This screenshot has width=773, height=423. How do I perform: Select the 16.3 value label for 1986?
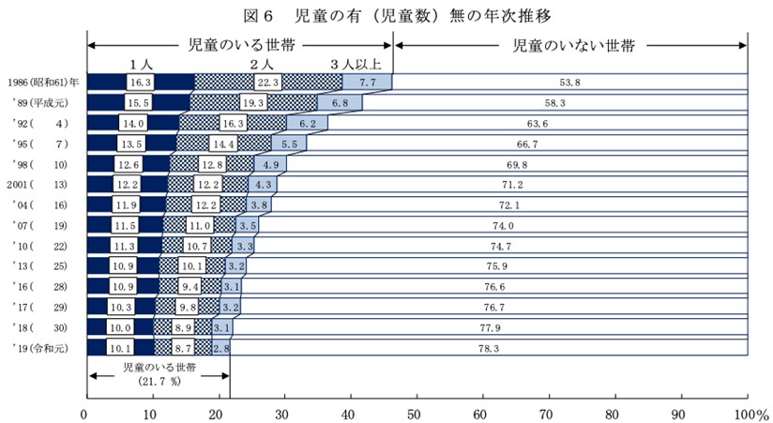(x=140, y=83)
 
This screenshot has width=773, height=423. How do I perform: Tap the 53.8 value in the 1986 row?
(x=569, y=83)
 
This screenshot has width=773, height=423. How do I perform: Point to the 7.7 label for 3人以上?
(x=367, y=83)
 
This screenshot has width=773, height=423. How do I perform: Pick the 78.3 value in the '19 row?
(x=489, y=347)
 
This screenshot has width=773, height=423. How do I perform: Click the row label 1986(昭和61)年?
(x=42, y=83)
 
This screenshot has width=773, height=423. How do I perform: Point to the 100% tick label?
(x=750, y=413)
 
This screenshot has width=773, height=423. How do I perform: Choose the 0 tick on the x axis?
(x=86, y=413)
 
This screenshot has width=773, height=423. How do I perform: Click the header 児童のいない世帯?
(x=572, y=44)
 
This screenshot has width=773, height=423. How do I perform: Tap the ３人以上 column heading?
(x=356, y=64)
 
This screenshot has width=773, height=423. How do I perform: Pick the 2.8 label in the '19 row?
(x=221, y=347)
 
